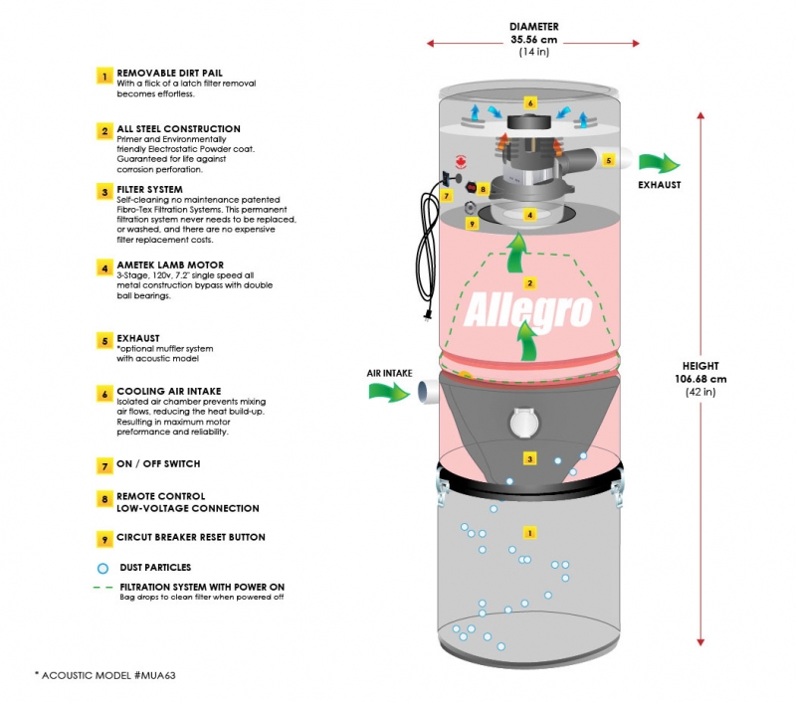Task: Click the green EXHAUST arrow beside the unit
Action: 659,162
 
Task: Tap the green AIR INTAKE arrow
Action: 389,392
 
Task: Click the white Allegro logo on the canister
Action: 528,310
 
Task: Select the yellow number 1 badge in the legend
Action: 104,77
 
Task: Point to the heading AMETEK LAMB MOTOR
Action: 170,264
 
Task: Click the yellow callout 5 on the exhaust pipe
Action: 609,160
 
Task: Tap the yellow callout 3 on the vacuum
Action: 530,459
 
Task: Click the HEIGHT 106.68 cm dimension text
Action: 700,379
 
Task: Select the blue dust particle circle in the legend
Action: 102,568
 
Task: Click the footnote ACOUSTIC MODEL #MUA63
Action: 105,675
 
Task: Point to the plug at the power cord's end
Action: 428,315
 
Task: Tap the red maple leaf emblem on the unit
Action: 461,162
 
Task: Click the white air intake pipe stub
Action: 428,392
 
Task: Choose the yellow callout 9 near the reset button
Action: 472,223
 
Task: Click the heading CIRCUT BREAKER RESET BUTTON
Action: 191,537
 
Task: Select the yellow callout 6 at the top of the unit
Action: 530,103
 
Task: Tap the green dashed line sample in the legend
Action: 103,588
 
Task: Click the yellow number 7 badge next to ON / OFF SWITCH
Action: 104,465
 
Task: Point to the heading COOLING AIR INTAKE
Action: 169,391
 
